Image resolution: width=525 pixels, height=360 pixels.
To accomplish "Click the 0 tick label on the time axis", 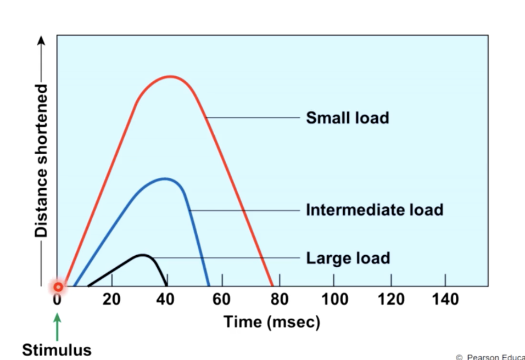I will click(57, 300).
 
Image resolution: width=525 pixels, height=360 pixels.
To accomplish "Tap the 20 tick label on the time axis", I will click(112, 300).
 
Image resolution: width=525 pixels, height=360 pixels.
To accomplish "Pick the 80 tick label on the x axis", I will click(279, 300).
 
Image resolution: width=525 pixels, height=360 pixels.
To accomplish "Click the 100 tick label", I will click(334, 300).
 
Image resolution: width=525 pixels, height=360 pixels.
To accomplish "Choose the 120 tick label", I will click(391, 300).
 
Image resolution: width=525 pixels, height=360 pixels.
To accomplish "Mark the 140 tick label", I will click(445, 300).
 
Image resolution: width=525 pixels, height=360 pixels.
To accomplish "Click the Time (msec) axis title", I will click(271, 322).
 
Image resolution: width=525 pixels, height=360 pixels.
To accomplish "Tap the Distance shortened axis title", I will click(42, 160).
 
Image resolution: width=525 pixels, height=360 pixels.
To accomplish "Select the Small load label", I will click(347, 117).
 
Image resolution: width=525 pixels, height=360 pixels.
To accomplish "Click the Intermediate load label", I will click(374, 210).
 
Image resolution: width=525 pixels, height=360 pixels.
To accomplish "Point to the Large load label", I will click(348, 257).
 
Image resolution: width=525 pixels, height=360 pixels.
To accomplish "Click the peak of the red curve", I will click(170, 76).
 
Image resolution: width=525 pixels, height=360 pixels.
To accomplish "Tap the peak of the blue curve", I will click(164, 178).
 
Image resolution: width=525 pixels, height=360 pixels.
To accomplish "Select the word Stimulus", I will click(57, 350).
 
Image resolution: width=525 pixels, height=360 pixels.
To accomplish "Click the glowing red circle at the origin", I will click(58, 286).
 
